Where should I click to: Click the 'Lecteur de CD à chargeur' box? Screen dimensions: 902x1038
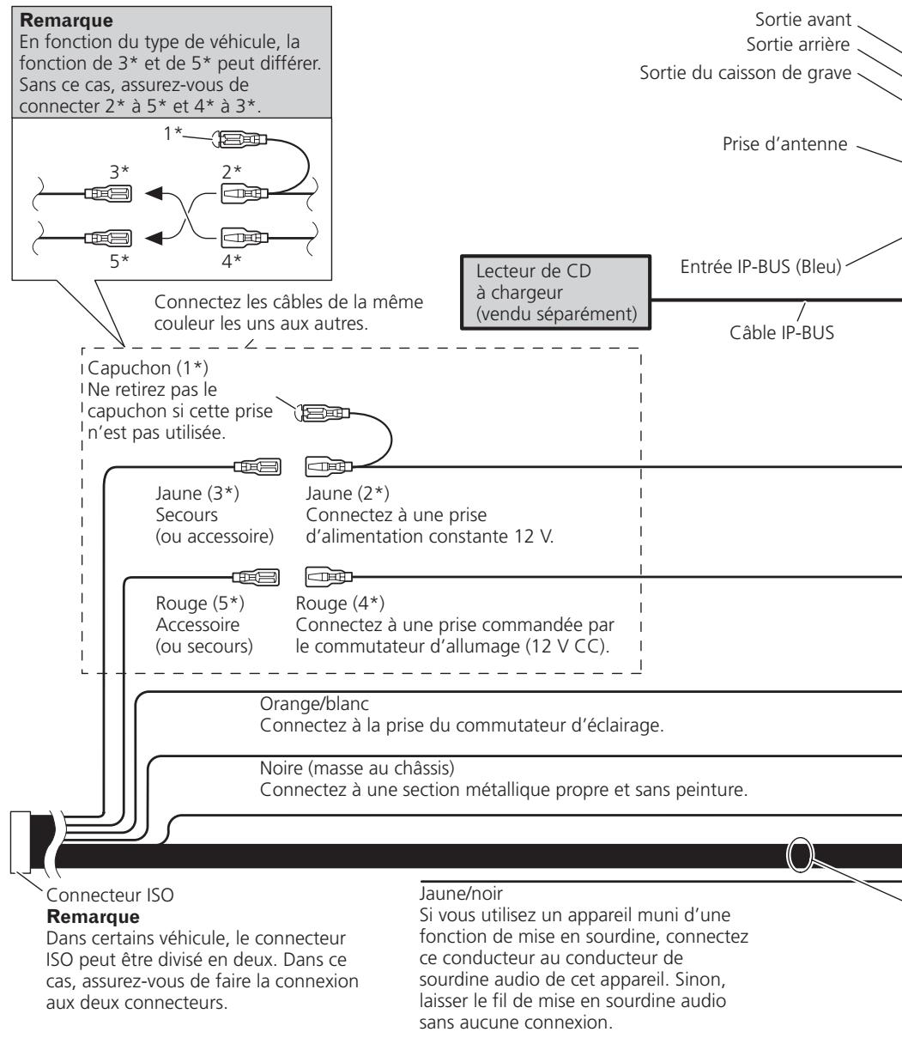coord(555,293)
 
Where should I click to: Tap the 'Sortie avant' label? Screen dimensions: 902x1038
coord(802,20)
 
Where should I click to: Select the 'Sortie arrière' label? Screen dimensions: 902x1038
coord(797,45)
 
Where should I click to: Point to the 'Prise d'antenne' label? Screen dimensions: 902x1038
coord(784,144)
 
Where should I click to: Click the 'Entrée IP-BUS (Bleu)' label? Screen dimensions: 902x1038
coord(760,267)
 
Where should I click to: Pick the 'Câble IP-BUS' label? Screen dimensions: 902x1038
coord(781,333)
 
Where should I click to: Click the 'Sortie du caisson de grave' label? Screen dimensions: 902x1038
coord(745,73)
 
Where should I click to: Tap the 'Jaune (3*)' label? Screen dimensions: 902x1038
coord(197,493)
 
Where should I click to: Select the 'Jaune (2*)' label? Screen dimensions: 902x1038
coord(348,493)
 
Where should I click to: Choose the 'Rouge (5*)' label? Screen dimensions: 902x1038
coord(200,604)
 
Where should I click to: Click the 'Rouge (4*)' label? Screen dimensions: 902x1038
coord(340,604)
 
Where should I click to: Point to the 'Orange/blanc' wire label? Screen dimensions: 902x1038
coord(314,704)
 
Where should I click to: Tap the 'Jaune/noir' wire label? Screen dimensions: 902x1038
coord(461,893)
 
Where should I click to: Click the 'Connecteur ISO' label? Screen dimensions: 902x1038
coord(110,895)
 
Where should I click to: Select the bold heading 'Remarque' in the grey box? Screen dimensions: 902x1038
coord(66,21)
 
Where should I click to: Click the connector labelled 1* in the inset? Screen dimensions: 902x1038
coord(239,138)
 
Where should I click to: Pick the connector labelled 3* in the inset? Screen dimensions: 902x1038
coord(108,193)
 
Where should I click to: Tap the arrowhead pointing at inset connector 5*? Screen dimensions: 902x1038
coord(154,238)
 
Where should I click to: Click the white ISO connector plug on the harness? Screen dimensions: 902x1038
coord(21,842)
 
